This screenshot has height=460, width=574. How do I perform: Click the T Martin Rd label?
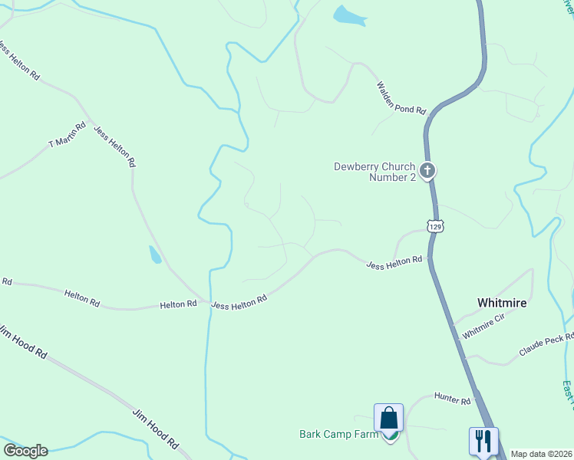(68, 134)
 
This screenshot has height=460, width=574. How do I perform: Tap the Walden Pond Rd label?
(401, 97)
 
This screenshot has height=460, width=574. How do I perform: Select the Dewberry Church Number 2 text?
(374, 172)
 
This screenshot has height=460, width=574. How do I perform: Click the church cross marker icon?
(427, 170)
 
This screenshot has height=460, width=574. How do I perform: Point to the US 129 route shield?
(435, 226)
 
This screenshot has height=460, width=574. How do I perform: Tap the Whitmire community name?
(502, 303)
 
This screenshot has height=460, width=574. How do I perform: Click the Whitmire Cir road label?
(483, 327)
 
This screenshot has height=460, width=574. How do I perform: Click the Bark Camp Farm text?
(339, 435)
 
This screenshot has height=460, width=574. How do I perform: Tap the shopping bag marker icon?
(389, 419)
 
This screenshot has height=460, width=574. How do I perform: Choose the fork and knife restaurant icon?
(483, 441)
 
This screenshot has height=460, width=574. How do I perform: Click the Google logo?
(25, 451)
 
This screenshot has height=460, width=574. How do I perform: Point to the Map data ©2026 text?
(541, 454)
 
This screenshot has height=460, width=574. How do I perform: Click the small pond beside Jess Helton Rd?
(155, 255)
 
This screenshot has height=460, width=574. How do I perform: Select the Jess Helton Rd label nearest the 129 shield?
(394, 262)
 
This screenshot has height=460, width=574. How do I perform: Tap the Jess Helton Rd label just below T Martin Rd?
(114, 146)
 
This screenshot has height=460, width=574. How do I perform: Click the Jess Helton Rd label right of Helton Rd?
(239, 301)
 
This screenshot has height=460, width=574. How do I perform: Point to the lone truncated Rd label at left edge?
(6, 282)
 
